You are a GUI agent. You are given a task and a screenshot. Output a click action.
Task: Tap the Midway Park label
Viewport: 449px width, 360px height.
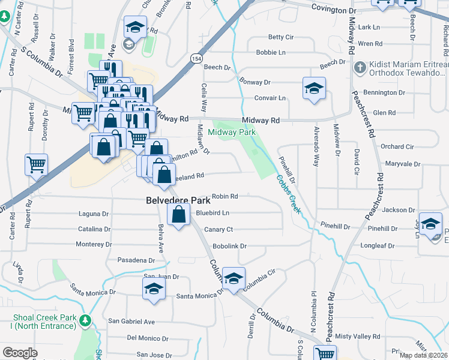tap(232, 132)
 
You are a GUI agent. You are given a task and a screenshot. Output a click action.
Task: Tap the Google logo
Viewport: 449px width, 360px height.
tap(20, 353)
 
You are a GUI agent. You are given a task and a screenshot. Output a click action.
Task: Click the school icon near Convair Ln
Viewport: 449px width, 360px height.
tap(314, 89)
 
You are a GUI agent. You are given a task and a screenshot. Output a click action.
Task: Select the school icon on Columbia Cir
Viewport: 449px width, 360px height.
tap(234, 278)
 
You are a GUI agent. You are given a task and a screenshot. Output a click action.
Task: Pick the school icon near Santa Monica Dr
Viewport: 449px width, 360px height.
tap(154, 288)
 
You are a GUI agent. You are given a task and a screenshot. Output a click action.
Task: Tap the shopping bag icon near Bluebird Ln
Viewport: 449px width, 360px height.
tap(179, 215)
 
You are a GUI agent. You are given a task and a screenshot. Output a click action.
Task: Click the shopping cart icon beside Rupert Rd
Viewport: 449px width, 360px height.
tap(37, 164)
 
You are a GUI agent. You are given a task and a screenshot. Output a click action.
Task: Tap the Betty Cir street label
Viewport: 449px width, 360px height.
tap(280, 37)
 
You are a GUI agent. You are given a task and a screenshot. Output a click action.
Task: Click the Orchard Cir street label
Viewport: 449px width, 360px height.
tap(397, 146)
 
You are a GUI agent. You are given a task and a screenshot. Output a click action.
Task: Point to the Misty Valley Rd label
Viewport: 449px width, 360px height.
tap(358, 337)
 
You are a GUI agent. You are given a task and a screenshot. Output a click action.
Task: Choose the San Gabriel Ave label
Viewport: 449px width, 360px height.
tap(131, 322)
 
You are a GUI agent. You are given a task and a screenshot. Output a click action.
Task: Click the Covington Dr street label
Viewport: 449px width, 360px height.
tap(338, 10)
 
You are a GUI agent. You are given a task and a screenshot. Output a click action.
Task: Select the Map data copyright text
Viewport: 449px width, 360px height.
tap(423, 355)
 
